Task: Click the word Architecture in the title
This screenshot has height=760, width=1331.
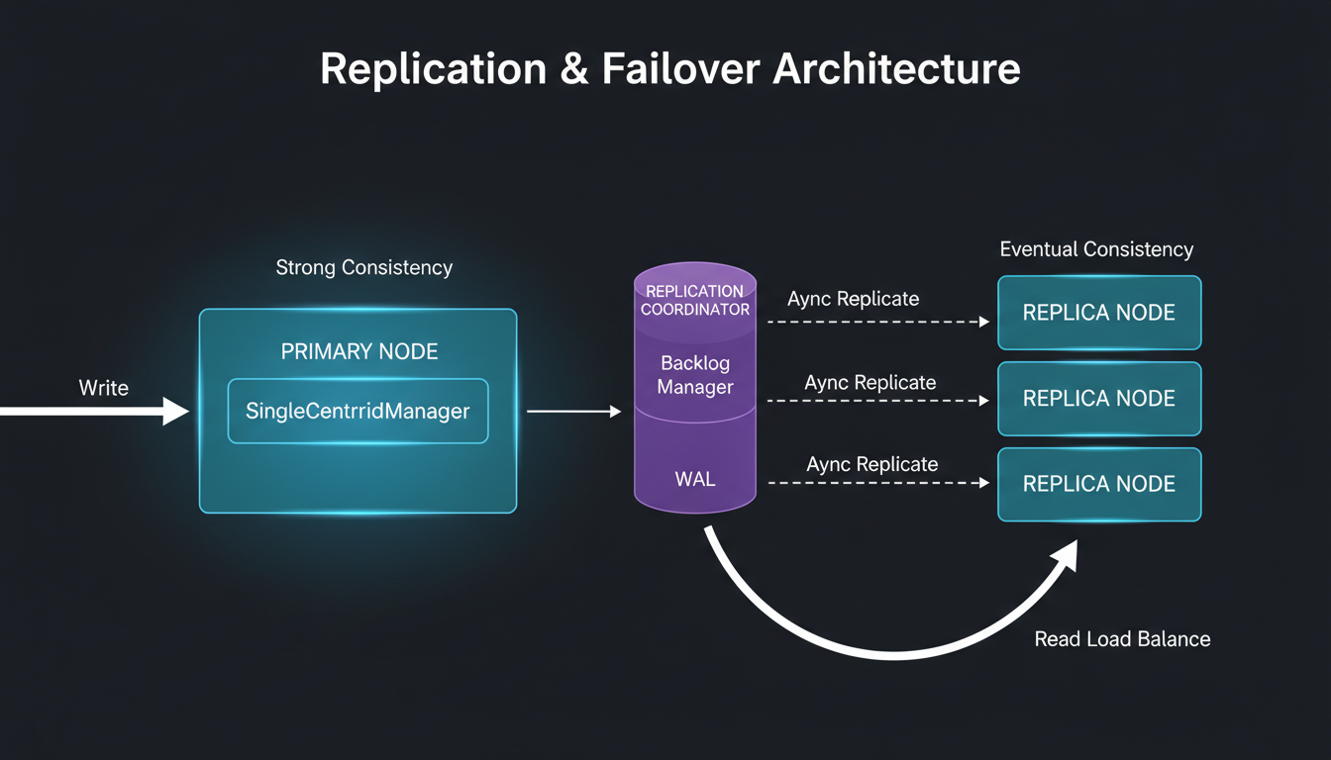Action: pos(896,69)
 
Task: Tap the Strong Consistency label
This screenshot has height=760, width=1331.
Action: pos(363,267)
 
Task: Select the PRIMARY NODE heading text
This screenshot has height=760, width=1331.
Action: pos(358,352)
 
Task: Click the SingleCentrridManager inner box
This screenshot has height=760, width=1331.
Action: pos(358,411)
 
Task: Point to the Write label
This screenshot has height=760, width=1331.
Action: pos(104,388)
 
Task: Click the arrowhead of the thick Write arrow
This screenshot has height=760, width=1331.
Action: pos(175,411)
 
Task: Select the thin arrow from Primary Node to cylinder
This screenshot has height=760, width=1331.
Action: pos(573,411)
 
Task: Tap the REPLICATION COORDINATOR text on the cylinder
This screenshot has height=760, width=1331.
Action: pos(694,300)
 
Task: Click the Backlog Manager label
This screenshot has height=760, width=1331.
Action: pos(695,376)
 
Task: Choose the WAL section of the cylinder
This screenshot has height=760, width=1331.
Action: pos(695,480)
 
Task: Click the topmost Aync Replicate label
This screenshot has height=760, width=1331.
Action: pos(853,299)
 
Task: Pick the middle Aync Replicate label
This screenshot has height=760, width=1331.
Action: pos(870,382)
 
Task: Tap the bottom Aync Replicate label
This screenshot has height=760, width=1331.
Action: pos(871,464)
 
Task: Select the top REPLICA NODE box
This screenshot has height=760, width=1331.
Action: pos(1098,313)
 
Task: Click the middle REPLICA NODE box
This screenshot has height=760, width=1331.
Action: pos(1098,399)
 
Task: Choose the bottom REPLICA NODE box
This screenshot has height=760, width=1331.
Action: pos(1098,484)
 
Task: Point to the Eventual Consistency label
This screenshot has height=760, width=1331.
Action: pos(1096,249)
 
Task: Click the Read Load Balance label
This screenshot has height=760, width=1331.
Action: pos(1122,639)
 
